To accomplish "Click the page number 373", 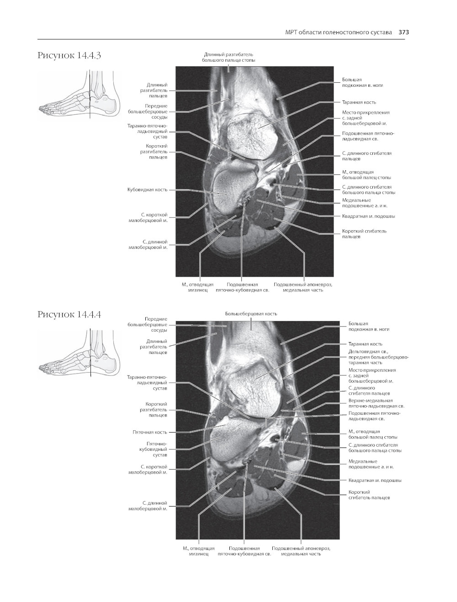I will [x=404, y=32].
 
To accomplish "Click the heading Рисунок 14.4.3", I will [x=69, y=56].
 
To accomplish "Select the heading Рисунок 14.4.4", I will [x=69, y=314].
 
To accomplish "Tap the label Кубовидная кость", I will [x=147, y=190].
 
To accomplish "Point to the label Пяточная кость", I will [x=150, y=432].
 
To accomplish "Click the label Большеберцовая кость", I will [x=251, y=314].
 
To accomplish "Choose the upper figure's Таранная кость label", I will [x=359, y=102].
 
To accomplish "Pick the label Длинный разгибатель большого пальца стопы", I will [x=228, y=57].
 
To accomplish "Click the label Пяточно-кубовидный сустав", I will [x=153, y=449].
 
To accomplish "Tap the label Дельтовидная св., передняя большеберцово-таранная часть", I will [x=378, y=357].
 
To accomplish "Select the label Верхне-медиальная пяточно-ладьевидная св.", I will [x=376, y=403].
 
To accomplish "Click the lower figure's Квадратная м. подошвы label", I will [x=375, y=480].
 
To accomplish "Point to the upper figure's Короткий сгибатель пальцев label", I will [x=364, y=234].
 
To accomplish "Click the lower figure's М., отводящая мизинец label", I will [x=198, y=551].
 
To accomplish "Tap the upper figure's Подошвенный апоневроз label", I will [x=303, y=287].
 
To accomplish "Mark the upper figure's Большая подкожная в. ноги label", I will [x=362, y=83].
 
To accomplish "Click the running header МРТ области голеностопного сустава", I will [x=338, y=32].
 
